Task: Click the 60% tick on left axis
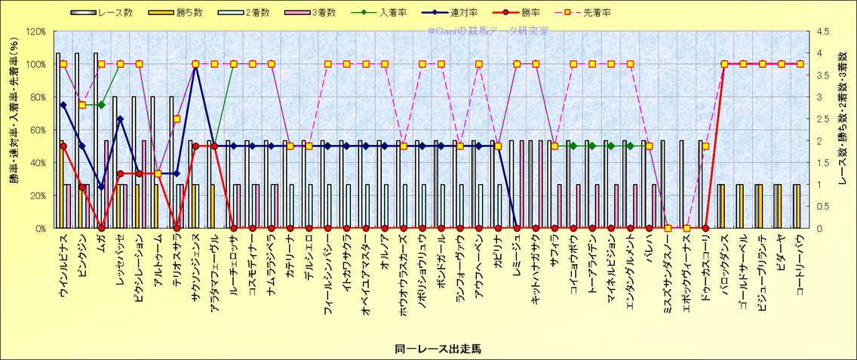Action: click(36, 130)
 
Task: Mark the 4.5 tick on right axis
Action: click(819, 32)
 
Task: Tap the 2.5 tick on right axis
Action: click(819, 119)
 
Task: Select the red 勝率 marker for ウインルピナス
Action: click(63, 146)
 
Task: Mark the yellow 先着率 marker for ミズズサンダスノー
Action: click(668, 228)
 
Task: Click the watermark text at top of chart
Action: click(488, 32)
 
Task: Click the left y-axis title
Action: click(14, 130)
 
